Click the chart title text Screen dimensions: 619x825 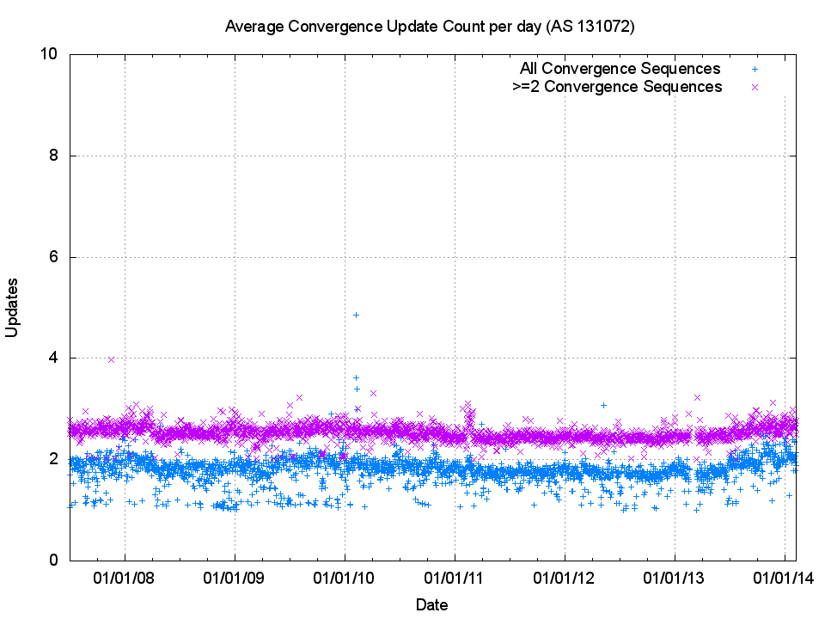429,27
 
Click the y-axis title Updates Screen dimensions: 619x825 13,307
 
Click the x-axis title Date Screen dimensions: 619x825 431,604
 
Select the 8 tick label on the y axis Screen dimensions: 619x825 53,156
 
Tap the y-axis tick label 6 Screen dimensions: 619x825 53,257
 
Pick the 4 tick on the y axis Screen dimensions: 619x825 53,358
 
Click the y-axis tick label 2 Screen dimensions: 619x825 53,459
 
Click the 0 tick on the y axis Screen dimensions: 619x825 53,560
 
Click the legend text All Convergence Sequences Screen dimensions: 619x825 620,69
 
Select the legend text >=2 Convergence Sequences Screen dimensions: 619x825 616,87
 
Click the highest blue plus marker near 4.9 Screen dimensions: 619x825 356,315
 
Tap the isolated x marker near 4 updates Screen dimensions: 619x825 111,359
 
